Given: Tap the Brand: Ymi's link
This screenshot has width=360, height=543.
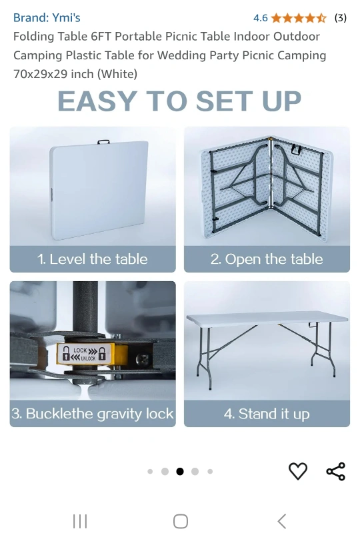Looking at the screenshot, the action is [47, 17].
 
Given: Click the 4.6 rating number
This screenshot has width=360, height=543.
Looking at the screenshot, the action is [260, 18].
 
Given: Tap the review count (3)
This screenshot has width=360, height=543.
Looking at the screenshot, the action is [340, 18].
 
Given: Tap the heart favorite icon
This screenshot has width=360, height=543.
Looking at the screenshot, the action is [298, 471].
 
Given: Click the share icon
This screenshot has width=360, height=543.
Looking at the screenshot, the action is [336, 471].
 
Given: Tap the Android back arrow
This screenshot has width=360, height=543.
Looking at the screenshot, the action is [282, 521].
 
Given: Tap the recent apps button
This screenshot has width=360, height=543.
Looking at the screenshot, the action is [80, 521].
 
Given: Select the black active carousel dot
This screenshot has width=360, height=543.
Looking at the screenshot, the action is [180, 471].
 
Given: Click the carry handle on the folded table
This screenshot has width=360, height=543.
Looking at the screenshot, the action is [103, 142].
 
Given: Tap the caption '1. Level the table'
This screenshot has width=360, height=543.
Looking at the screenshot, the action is [93, 259].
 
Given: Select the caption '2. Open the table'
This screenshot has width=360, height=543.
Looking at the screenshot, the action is [267, 259].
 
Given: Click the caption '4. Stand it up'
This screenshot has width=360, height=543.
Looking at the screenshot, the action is [267, 414].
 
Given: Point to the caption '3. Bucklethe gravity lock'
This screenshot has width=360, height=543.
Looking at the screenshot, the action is [93, 414].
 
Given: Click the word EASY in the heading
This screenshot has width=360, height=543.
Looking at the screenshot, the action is [97, 101].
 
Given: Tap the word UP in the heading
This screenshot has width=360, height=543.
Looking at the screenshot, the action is [282, 101].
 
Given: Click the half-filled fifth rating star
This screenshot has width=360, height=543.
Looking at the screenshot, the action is [321, 18].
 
